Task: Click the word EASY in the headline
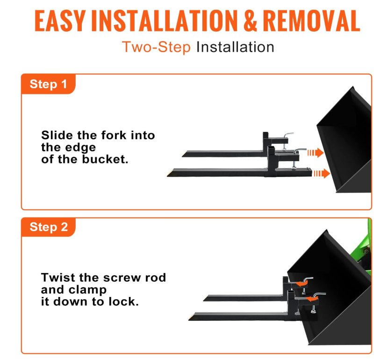[x=60, y=21]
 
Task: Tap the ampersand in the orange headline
[x=250, y=21]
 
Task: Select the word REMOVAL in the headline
[x=311, y=21]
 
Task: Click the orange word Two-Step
[x=156, y=47]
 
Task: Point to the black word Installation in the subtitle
[x=235, y=47]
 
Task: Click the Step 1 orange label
[x=49, y=84]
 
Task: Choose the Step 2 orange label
[x=49, y=227]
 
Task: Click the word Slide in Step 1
[x=57, y=135]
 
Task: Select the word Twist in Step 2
[x=59, y=277]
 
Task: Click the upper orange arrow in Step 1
[x=315, y=153]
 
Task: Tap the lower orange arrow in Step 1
[x=322, y=173]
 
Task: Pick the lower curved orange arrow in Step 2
[x=311, y=299]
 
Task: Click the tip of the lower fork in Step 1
[x=168, y=176]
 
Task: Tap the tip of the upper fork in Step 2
[x=204, y=300]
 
